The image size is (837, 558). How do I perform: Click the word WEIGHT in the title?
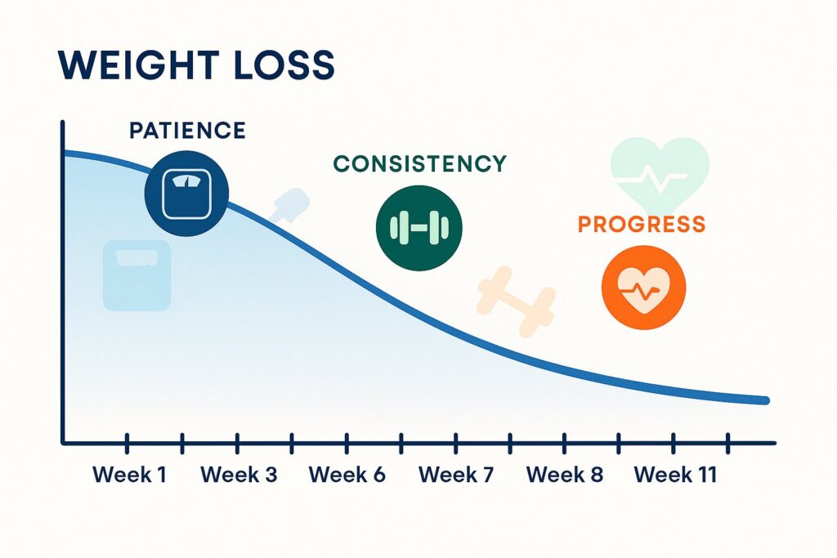137,65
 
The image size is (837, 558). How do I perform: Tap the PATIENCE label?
187,130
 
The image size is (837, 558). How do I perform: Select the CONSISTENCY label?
419,163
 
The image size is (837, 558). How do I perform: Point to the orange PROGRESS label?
642,224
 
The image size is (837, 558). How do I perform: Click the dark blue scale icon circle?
187,193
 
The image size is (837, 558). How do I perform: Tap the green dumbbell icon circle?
419,228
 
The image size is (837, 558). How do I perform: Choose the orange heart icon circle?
644,288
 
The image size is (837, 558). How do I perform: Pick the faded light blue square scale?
137,275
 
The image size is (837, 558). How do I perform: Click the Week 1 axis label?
129,474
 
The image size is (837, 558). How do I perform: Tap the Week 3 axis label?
239,474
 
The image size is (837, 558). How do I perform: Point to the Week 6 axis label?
347,474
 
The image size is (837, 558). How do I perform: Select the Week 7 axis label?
456,474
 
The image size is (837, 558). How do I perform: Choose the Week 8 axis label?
565,474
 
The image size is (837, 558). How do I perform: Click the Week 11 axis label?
675,474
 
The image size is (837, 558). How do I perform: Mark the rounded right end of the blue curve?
766,400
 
